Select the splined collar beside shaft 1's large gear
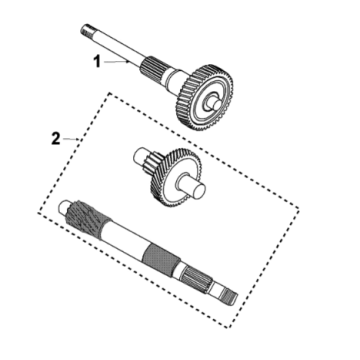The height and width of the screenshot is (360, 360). (x=161, y=72)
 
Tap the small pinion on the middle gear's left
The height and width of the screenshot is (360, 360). (x=141, y=157)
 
